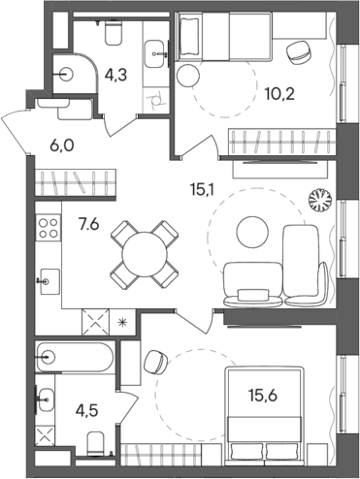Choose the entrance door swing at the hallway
21,127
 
